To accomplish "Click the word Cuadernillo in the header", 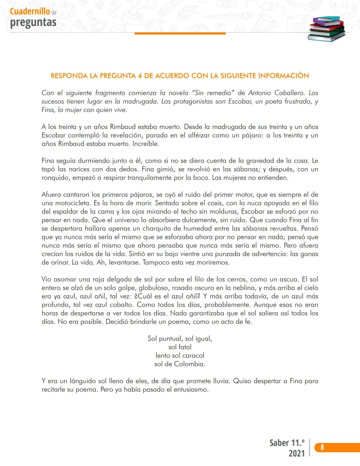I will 30,11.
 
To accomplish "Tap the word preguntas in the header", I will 33,23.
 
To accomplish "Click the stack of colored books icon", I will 326,29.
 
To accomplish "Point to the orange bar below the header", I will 180,33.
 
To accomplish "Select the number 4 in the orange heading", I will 140,76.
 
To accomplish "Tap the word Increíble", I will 146,144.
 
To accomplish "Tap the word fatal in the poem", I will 185,347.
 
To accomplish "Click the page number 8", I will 322,447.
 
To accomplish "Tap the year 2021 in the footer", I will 297,453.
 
